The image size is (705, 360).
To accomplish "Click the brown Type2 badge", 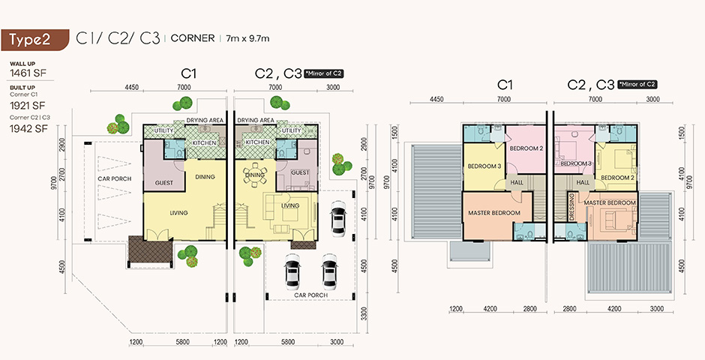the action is pyautogui.click(x=34, y=40).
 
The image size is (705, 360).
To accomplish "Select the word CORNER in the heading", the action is pyautogui.click(x=193, y=38).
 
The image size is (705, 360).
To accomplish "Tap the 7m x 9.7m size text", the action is pyautogui.click(x=247, y=39).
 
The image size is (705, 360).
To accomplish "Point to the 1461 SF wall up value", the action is pyautogui.click(x=28, y=73).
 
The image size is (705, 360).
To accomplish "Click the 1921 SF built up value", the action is pyautogui.click(x=28, y=106).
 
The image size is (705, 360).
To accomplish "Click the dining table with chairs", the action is pyautogui.click(x=255, y=175).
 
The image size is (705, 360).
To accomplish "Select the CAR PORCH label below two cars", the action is pyautogui.click(x=310, y=295).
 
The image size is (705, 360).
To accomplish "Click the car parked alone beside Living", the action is pyautogui.click(x=337, y=218).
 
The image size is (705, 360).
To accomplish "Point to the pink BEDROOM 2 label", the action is pyautogui.click(x=523, y=148).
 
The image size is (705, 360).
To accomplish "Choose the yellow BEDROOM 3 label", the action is pyautogui.click(x=484, y=166).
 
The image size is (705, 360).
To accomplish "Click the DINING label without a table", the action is pyautogui.click(x=205, y=177).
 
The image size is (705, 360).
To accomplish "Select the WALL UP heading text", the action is pyautogui.click(x=22, y=64).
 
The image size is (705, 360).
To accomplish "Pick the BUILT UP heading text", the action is pyautogui.click(x=22, y=87).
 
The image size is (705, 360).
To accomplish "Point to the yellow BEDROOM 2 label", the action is pyautogui.click(x=616, y=178).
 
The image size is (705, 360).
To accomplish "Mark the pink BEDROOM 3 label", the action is pyautogui.click(x=576, y=163).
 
